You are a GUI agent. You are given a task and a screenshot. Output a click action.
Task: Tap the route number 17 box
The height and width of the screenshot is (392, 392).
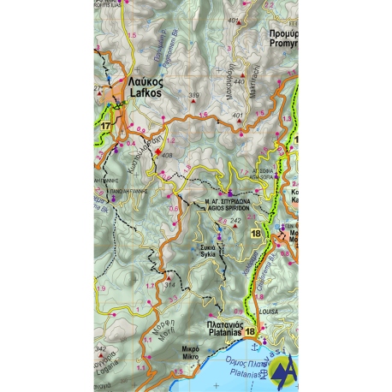point(105,127)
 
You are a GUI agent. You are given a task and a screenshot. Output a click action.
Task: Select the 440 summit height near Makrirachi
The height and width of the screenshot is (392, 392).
point(240,82)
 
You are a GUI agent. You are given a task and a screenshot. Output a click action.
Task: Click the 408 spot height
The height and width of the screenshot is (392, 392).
point(166,155)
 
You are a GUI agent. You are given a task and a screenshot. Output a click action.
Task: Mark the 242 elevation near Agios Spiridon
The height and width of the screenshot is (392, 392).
point(235,219)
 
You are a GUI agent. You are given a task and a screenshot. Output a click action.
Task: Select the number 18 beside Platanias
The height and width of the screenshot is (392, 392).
point(250,332)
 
